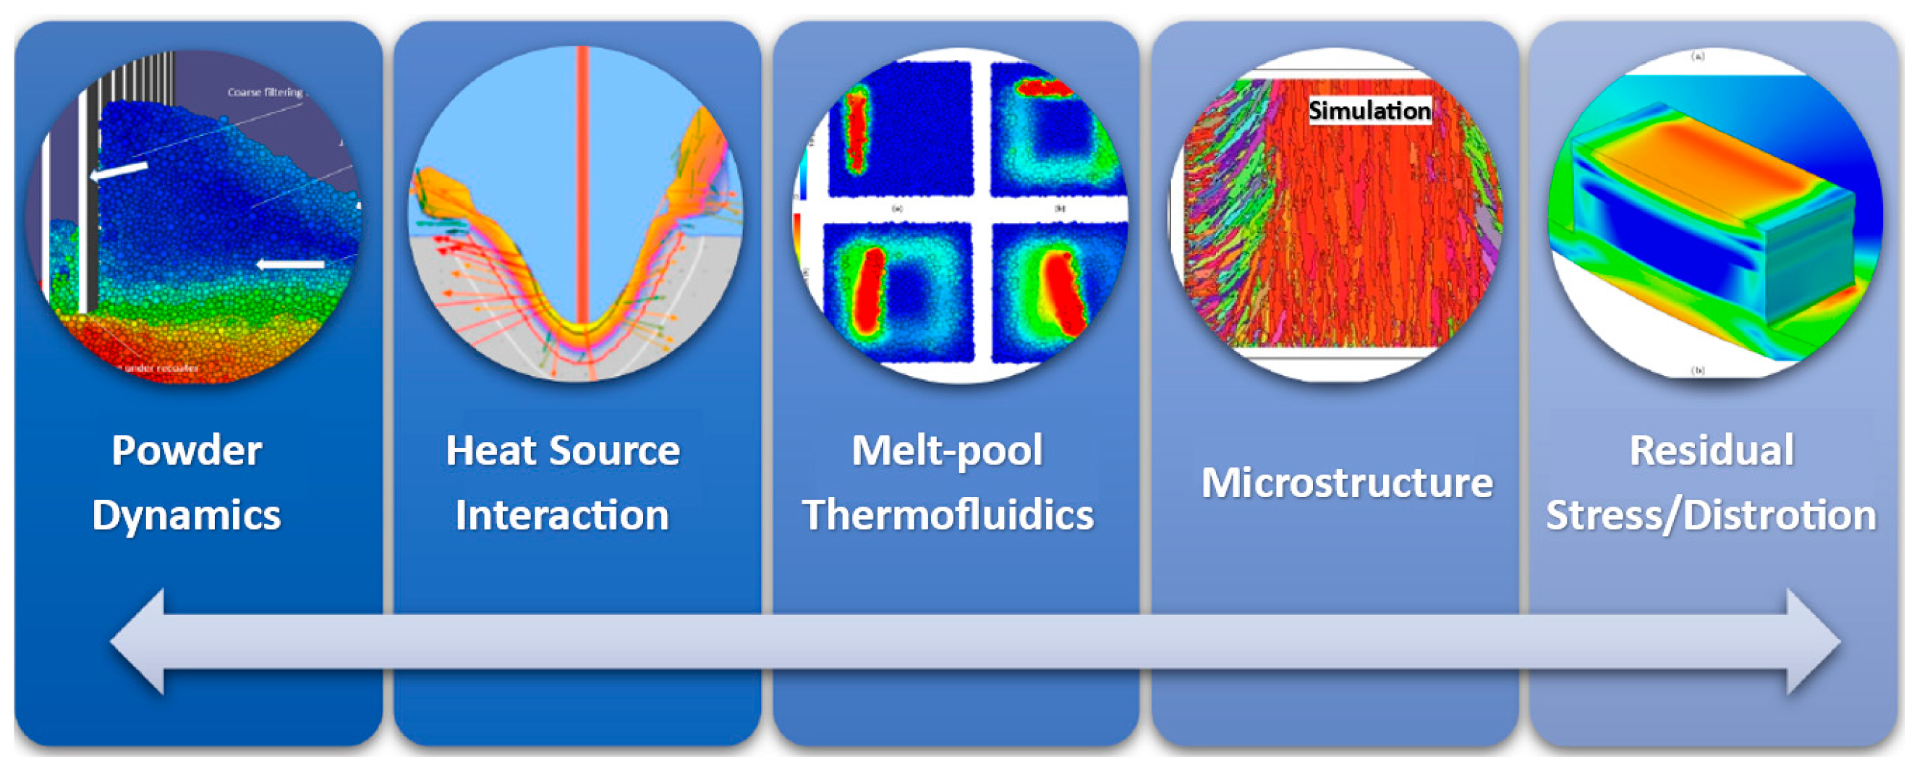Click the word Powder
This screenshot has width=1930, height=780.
click(x=187, y=451)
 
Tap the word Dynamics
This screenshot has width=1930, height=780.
click(x=187, y=515)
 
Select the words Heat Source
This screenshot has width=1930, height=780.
click(x=563, y=451)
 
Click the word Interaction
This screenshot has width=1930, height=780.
click(x=562, y=515)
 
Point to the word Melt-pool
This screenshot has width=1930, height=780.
click(x=947, y=451)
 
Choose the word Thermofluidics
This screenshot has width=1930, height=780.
click(x=948, y=515)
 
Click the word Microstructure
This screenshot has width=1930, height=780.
click(x=1346, y=483)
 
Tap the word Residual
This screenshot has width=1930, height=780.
click(x=1712, y=451)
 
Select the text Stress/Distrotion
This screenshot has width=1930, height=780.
click(x=1712, y=515)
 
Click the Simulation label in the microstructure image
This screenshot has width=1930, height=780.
click(x=1369, y=111)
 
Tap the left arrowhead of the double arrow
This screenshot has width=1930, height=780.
click(x=139, y=642)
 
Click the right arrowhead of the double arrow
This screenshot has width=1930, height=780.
click(x=1813, y=642)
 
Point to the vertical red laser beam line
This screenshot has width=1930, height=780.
click(x=583, y=187)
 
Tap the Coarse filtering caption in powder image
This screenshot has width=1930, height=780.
click(x=265, y=92)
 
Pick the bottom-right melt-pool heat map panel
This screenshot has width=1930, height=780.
click(x=1056, y=292)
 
